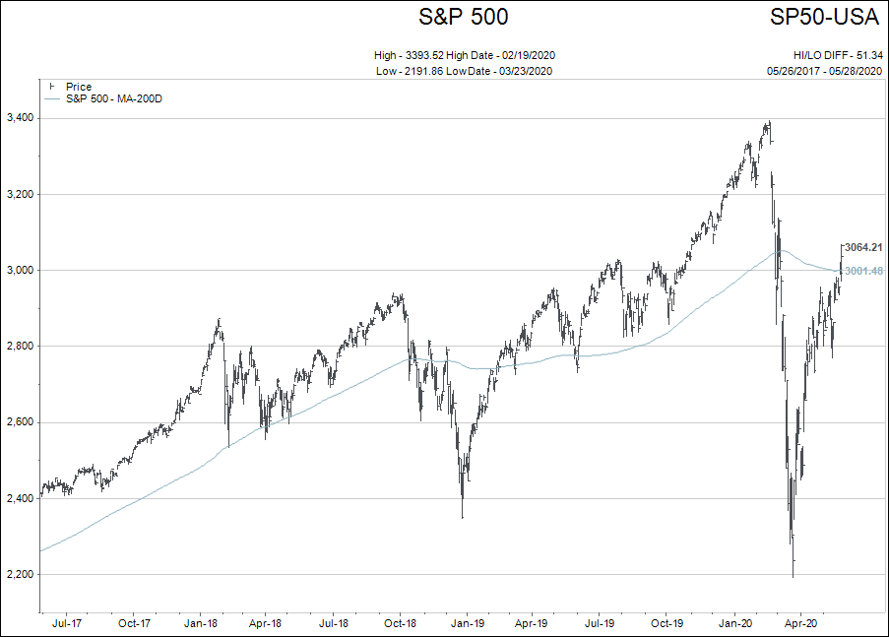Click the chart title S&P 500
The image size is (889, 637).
pos(464,17)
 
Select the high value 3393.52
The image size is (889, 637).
pos(432,55)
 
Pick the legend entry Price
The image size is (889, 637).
pos(79,87)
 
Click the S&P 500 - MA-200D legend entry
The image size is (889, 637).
pos(113,98)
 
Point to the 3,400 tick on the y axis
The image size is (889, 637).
pos(20,118)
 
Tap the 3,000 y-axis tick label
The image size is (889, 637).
pos(20,270)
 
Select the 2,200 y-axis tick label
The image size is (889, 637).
pos(20,574)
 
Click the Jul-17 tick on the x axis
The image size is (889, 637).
pos(66,623)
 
